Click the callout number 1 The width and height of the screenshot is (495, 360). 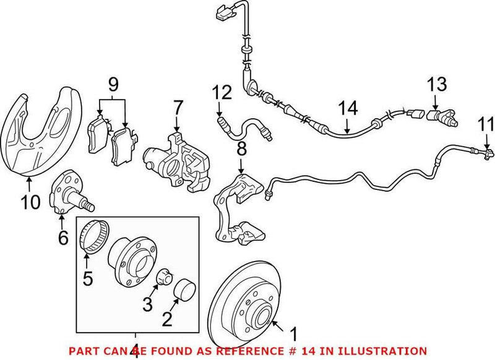point(293,335)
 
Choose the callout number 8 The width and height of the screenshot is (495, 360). point(241,148)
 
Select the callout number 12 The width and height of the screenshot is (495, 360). point(222,93)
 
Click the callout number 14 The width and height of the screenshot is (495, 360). point(348,109)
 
